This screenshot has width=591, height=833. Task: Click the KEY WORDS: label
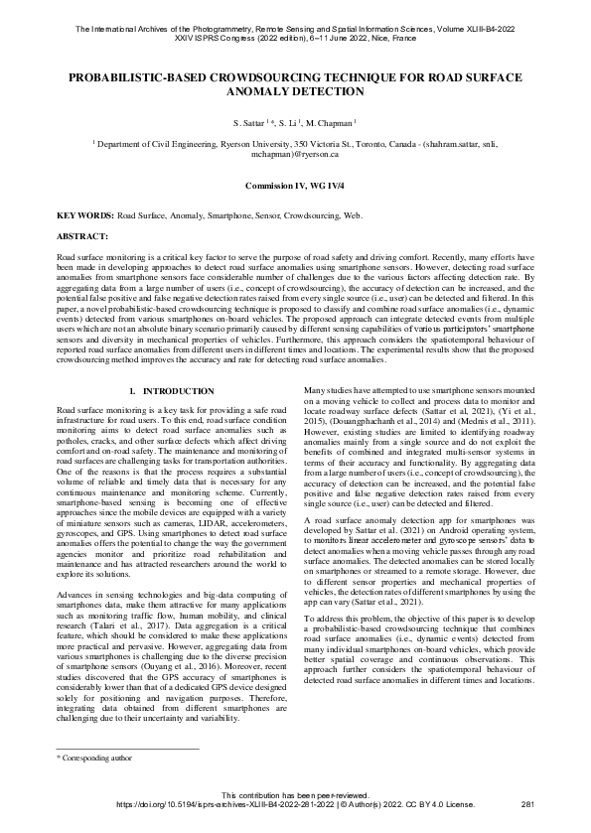(85, 214)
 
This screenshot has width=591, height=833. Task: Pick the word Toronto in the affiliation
(376, 143)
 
